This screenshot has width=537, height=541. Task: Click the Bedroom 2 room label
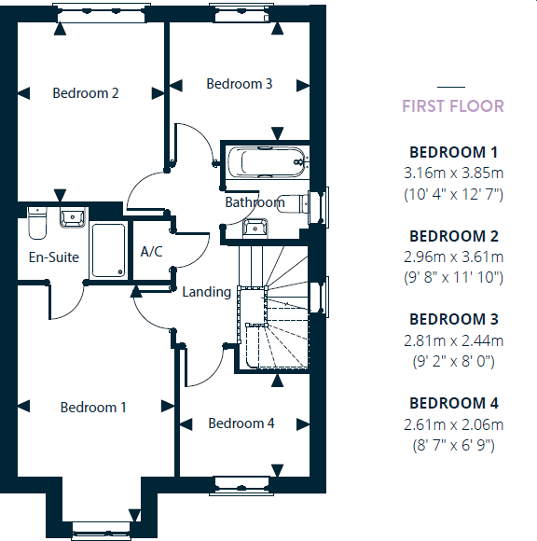[x=86, y=93]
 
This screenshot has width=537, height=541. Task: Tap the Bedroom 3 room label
[x=240, y=84]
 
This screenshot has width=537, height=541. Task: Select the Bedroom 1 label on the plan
[x=93, y=408]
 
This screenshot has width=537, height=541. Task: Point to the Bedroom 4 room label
[x=241, y=423]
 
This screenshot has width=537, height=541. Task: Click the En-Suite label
[x=54, y=257]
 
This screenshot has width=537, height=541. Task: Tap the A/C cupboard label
[x=152, y=251]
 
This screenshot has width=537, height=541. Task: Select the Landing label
[x=206, y=292]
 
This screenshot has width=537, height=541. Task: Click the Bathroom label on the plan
[x=254, y=202]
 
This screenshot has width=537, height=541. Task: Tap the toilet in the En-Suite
[x=37, y=225]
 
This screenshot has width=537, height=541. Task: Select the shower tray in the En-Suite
[x=107, y=250]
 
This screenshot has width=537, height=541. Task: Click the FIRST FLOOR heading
[x=452, y=106]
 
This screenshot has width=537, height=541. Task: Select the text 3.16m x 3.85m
[x=453, y=173]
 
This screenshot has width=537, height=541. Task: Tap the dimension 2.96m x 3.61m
[x=453, y=257]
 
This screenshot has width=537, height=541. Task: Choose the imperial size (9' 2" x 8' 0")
[x=453, y=361]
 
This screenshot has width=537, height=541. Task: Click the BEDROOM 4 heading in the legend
[x=453, y=404]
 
